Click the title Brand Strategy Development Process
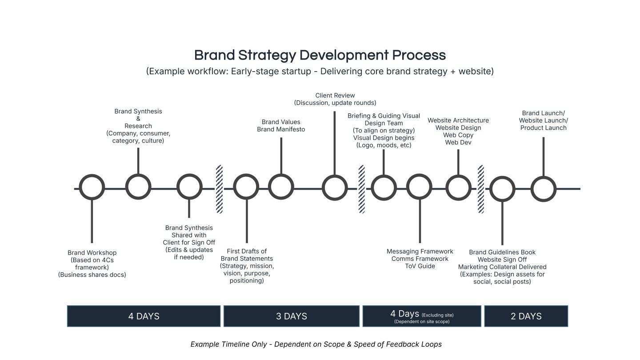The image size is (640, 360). click(x=320, y=56)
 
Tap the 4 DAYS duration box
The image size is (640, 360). click(x=144, y=316)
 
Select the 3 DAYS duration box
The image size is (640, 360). click(x=291, y=316)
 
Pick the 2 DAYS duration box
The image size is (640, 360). click(x=526, y=316)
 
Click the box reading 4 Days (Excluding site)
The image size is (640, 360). click(x=422, y=316)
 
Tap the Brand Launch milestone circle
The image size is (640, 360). click(x=544, y=188)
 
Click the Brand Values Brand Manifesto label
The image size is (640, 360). click(x=281, y=126)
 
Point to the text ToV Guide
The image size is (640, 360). click(x=420, y=266)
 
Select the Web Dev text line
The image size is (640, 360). click(x=458, y=143)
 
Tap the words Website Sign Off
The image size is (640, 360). click(x=502, y=260)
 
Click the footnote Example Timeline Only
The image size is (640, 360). click(x=316, y=344)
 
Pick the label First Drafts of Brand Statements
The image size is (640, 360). click(x=247, y=255)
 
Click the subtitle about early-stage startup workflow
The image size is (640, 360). click(x=320, y=72)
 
